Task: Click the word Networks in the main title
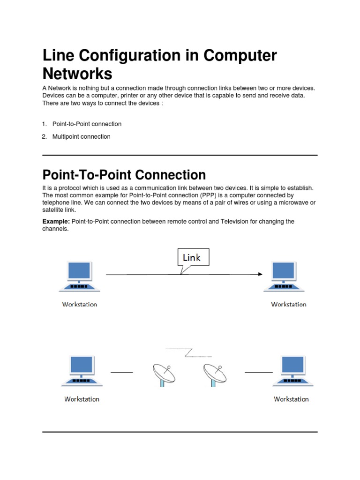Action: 77,74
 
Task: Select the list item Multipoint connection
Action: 81,137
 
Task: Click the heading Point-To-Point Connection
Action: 124,175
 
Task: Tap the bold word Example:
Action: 56,221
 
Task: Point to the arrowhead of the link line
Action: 260,274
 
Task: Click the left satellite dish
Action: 163,374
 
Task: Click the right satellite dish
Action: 215,374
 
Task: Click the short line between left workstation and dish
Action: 121,372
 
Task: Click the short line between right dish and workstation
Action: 258,372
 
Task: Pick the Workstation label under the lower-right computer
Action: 291,399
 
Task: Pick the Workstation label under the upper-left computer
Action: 80,304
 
